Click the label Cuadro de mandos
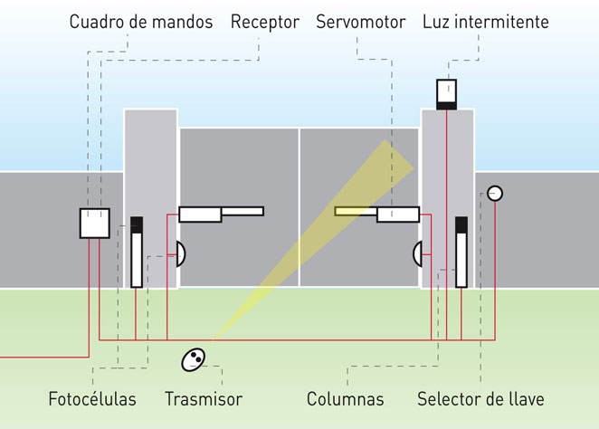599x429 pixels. (141, 22)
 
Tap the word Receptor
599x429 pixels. (264, 22)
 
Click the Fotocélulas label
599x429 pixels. (91, 399)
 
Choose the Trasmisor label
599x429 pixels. (204, 399)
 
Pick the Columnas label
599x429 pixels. (345, 399)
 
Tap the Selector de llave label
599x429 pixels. (480, 399)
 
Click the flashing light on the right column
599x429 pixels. (447, 94)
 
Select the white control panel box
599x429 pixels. (94, 223)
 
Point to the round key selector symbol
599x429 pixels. (494, 193)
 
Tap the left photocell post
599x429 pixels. (137, 253)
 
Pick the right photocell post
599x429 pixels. (461, 253)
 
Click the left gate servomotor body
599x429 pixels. (200, 214)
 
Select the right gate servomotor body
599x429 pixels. (398, 214)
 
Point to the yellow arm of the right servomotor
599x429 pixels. (356, 212)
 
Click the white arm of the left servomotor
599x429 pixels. (242, 212)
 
